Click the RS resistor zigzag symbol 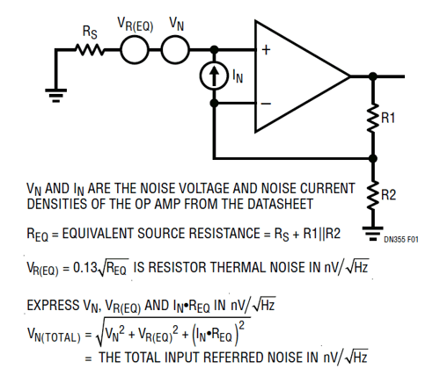pos(90,49)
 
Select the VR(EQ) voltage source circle pos(135,50)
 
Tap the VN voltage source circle pos(176,50)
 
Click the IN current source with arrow pos(214,76)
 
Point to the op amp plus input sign pos(266,50)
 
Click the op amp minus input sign pos(266,104)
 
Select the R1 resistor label pos(388,118)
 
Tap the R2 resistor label pos(388,195)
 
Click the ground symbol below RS pos(56,96)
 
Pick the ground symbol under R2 pos(373,234)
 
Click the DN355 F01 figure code pos(401,240)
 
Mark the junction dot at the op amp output pos(373,76)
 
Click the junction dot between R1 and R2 pos(373,158)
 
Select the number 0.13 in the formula pos(85,267)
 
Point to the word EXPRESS pos(53,305)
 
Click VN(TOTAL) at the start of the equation pos(54,335)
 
